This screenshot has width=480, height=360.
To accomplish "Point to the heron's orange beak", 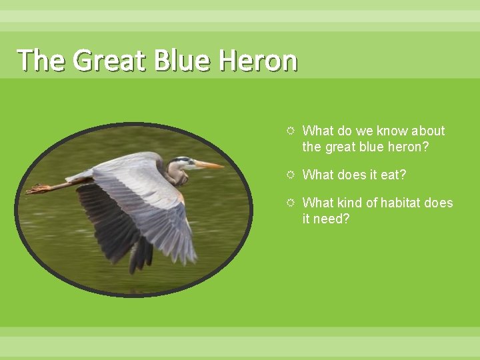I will (x=209, y=165).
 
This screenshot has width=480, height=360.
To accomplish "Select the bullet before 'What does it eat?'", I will (x=291, y=175).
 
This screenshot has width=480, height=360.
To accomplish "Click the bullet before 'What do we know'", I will (x=291, y=131).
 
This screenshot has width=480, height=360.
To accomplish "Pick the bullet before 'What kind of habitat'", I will (x=291, y=203).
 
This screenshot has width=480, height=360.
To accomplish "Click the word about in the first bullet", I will (x=428, y=131).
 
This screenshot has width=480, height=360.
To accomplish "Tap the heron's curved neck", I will (x=174, y=175).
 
